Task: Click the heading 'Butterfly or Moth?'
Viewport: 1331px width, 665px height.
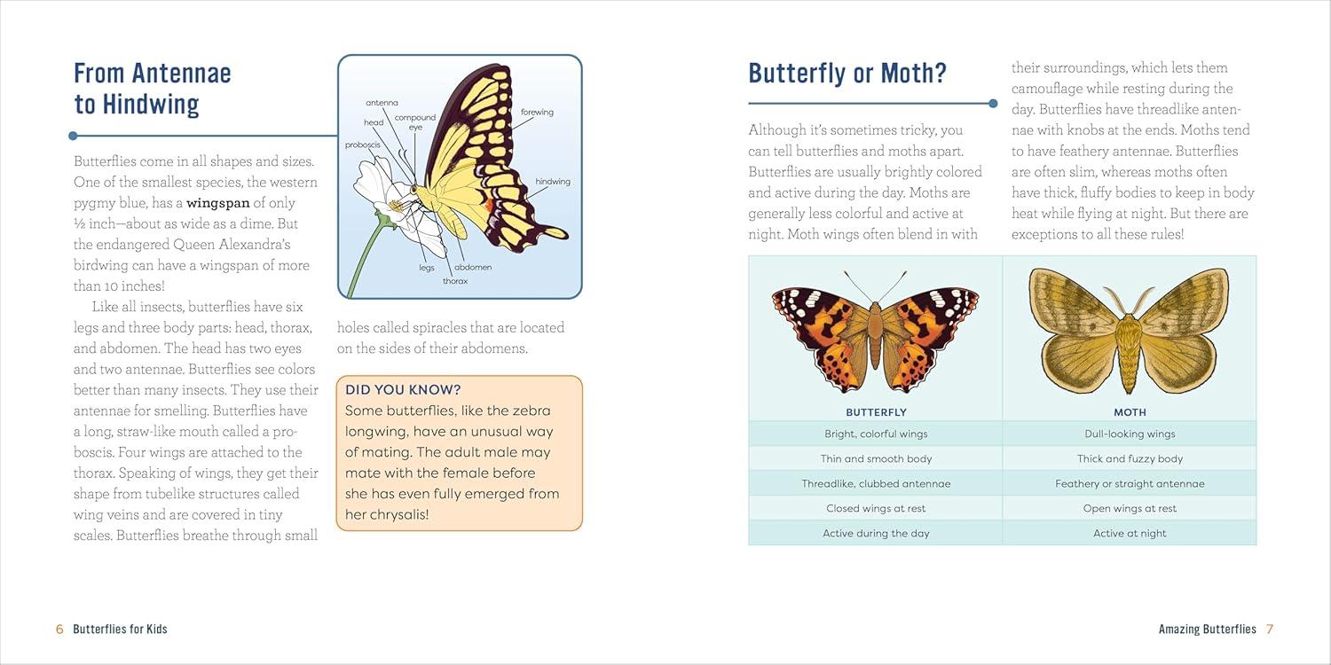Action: coord(847,73)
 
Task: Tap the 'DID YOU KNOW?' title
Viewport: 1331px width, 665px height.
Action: coord(403,389)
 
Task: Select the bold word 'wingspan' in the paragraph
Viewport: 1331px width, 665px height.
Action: coord(218,203)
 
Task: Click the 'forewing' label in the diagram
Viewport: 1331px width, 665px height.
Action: coord(537,113)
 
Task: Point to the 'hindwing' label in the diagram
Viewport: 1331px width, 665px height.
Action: coord(553,182)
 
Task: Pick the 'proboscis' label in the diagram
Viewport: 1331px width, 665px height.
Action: coord(363,145)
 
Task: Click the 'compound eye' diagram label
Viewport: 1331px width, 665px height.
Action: coord(415,122)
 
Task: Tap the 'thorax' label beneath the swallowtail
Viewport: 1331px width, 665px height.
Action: coord(455,281)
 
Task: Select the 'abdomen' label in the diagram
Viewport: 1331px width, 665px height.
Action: coord(473,267)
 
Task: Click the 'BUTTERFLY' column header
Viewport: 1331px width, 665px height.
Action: coord(876,412)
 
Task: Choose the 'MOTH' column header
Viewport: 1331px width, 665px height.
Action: coord(1130,412)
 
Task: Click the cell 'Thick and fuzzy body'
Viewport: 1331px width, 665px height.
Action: coord(1130,459)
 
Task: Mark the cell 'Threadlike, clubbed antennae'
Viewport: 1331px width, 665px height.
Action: coord(876,484)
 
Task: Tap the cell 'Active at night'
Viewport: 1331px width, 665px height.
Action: coord(1130,534)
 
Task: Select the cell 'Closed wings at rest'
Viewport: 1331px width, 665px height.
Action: coord(876,509)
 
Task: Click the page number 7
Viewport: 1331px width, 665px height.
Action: coord(1270,630)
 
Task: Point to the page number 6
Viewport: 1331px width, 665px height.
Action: coord(59,630)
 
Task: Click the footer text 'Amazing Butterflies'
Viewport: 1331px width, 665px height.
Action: coord(1207,630)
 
